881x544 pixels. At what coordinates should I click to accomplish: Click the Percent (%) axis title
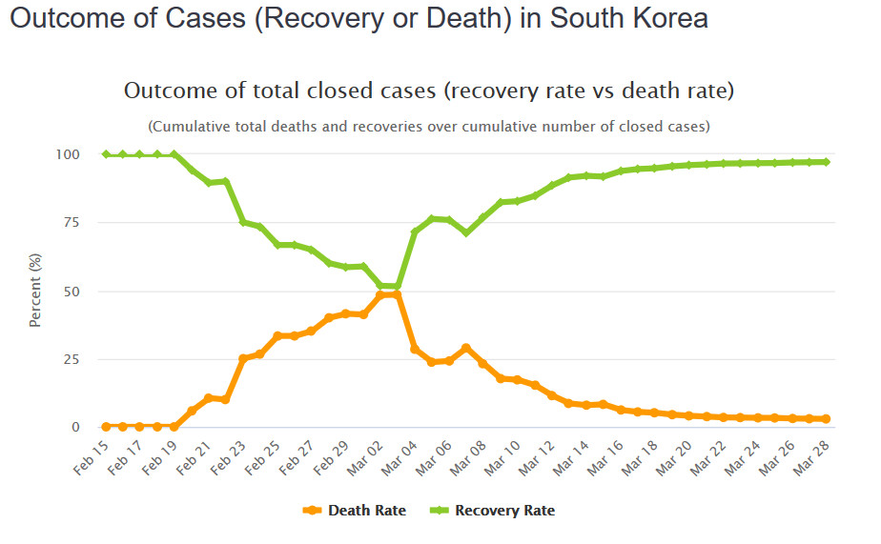coord(35,291)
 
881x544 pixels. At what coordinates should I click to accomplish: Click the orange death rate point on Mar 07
coord(465,349)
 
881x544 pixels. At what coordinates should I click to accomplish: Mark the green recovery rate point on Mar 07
coord(465,232)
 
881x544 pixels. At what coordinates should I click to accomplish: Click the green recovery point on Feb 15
coord(106,154)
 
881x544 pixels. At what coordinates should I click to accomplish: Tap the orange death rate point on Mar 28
coord(826,418)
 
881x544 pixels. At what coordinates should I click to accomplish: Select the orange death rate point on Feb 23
coord(243,358)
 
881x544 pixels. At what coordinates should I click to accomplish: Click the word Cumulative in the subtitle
coord(188,126)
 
